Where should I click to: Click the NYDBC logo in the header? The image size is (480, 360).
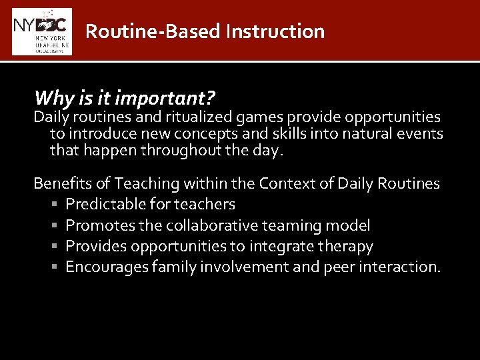tap(41, 31)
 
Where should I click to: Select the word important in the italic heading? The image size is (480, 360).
tap(165, 98)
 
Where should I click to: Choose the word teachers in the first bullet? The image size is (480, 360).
tap(204, 205)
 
